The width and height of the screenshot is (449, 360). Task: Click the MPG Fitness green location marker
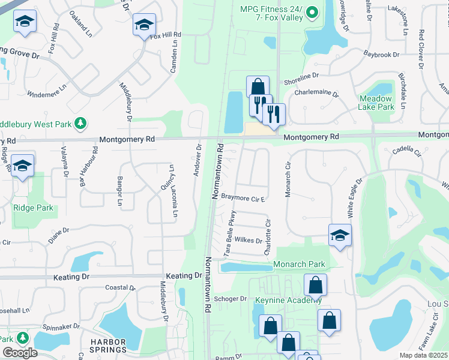point(312,13)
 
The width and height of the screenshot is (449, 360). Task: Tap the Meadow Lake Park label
point(376,103)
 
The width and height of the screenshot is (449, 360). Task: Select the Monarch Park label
point(299,265)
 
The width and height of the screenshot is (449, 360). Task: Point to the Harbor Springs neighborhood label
point(108,346)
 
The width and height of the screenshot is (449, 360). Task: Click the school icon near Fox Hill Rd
point(144,25)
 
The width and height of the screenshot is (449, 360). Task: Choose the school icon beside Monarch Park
point(339,235)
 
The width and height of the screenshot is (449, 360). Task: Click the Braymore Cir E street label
point(243,196)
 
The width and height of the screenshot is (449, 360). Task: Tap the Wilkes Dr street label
point(249,241)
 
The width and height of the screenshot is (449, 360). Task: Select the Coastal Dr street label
point(118,287)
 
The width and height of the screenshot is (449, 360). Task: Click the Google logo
point(20,353)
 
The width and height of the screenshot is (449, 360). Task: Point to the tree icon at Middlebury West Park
point(79,124)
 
